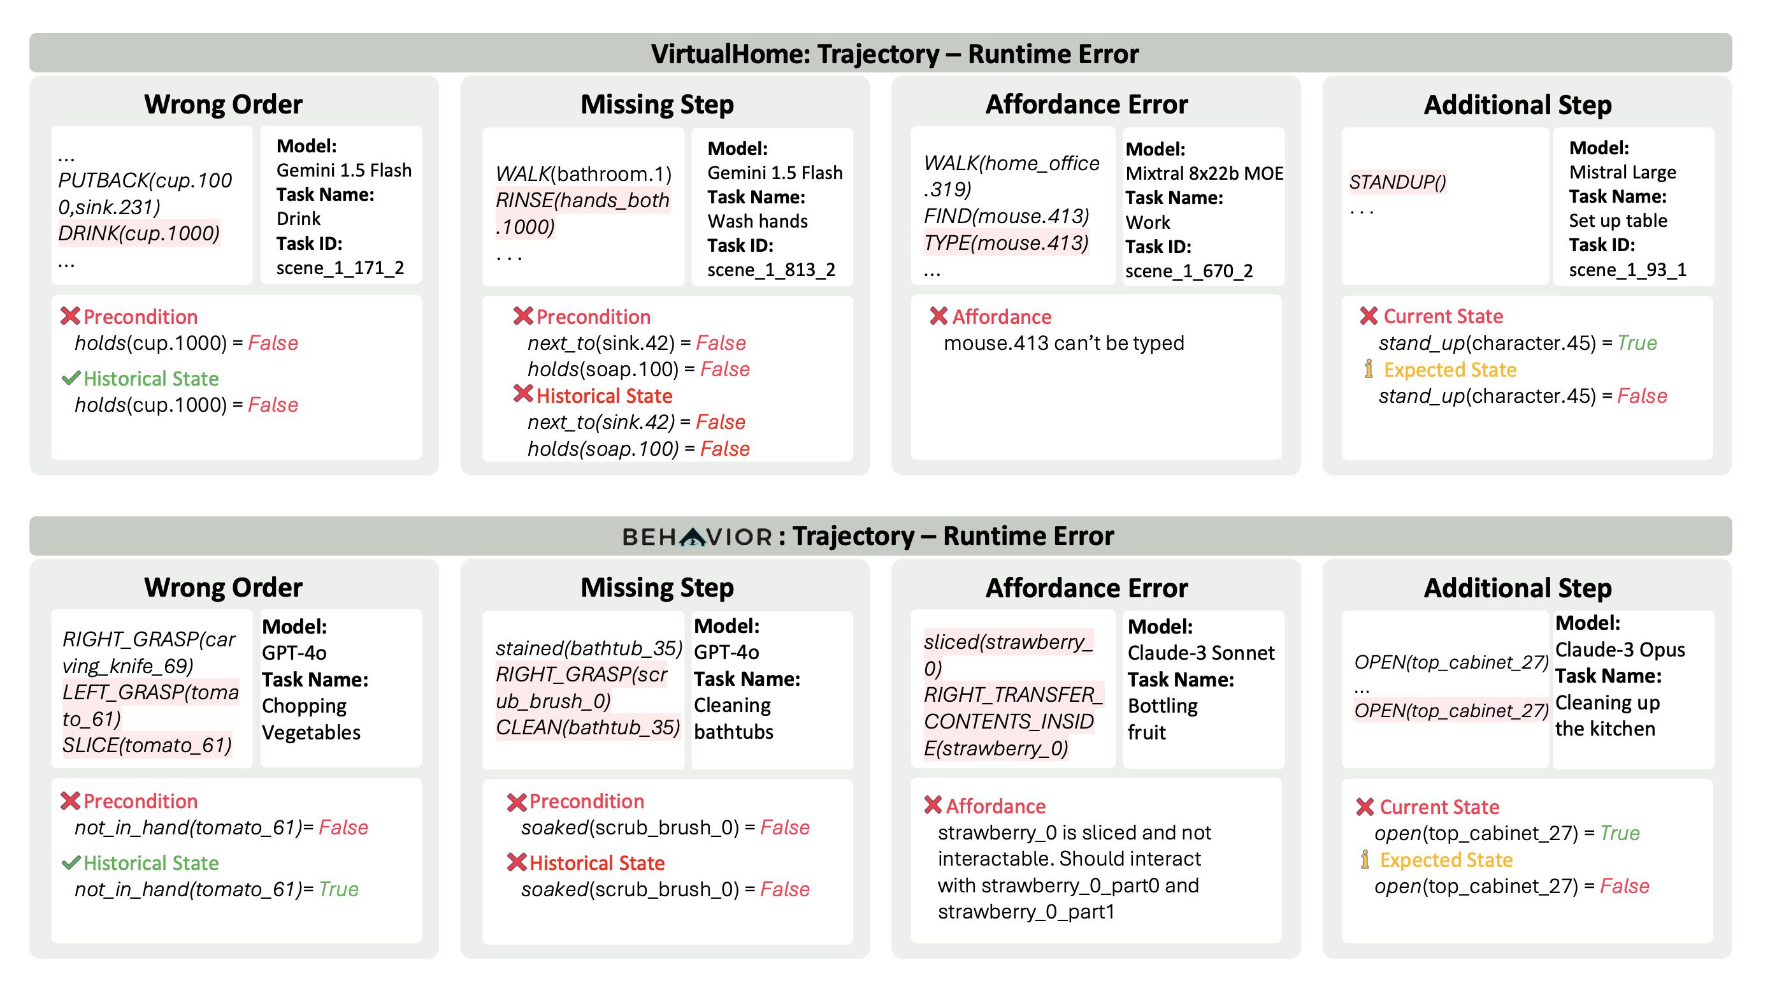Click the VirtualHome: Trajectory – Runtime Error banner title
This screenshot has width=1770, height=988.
point(894,54)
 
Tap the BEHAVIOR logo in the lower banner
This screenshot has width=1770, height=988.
point(697,537)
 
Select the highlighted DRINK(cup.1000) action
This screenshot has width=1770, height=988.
point(139,234)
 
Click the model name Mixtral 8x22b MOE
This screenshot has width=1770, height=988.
point(1204,173)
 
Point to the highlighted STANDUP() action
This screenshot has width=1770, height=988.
point(1397,182)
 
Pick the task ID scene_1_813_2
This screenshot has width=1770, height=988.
point(771,270)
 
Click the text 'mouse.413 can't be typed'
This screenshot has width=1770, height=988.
point(1063,343)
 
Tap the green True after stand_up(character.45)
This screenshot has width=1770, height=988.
point(1637,343)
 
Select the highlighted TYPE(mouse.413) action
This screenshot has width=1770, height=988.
point(1006,243)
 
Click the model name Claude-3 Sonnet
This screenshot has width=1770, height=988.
point(1200,653)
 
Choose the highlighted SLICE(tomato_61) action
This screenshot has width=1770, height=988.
point(147,745)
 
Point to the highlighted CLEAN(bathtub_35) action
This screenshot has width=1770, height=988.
point(587,727)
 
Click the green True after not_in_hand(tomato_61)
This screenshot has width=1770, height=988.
point(339,889)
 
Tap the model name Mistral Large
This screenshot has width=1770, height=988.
point(1622,172)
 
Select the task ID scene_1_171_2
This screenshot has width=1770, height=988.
point(340,268)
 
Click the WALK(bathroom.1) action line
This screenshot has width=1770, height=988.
point(584,174)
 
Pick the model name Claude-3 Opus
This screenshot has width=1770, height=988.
point(1620,650)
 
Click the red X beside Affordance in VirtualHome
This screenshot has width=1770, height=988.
point(938,316)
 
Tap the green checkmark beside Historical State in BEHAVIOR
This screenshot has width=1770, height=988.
point(70,863)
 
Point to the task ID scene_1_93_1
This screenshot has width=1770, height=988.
point(1627,270)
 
